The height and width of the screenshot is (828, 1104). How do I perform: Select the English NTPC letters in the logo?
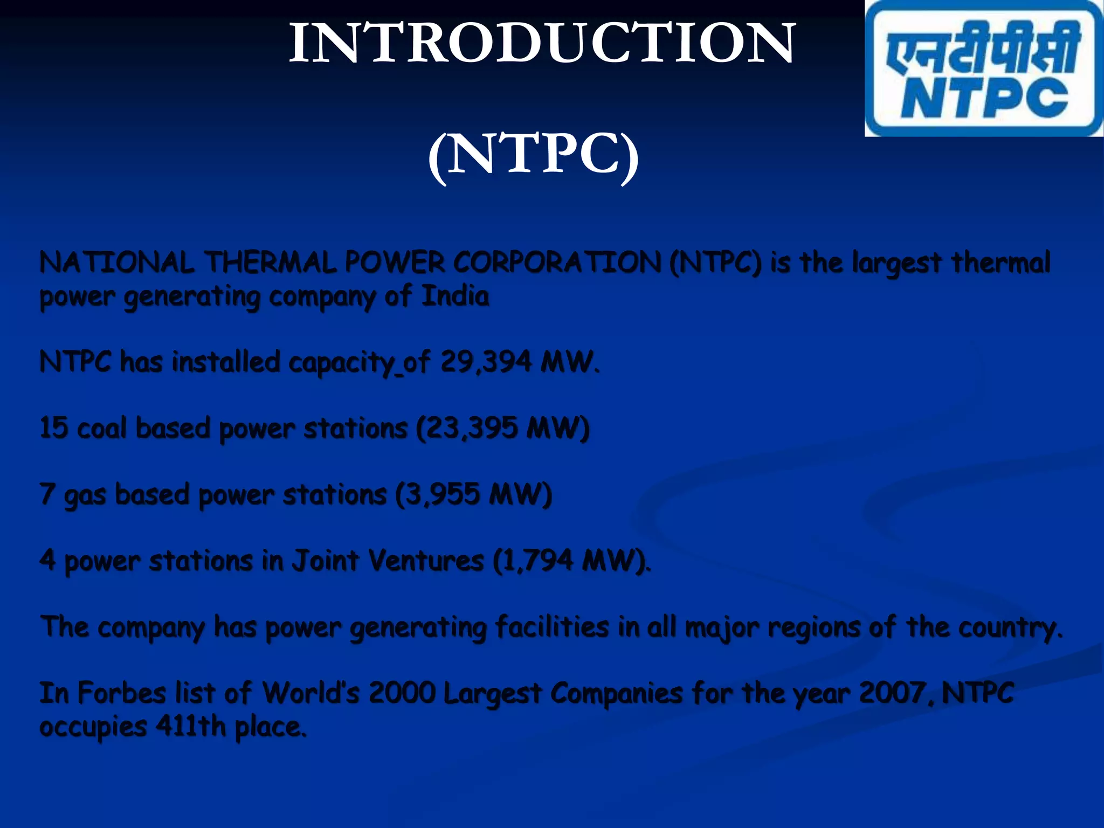pyautogui.click(x=984, y=98)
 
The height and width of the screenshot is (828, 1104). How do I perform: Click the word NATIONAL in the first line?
pyautogui.click(x=116, y=264)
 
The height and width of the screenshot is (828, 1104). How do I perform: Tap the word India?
pyautogui.click(x=455, y=296)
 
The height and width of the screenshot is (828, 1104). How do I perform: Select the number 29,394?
pyautogui.click(x=486, y=362)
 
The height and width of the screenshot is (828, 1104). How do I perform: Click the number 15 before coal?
pyautogui.click(x=54, y=428)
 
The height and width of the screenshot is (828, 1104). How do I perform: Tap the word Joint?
pyautogui.click(x=325, y=561)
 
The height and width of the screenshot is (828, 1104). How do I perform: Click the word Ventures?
pyautogui.click(x=426, y=561)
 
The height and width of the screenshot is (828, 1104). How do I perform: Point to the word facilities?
pyautogui.click(x=552, y=627)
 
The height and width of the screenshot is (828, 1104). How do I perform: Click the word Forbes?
pyautogui.click(x=121, y=693)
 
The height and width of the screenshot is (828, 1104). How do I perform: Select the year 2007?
pyautogui.click(x=893, y=693)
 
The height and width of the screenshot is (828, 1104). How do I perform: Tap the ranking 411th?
pyautogui.click(x=191, y=727)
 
